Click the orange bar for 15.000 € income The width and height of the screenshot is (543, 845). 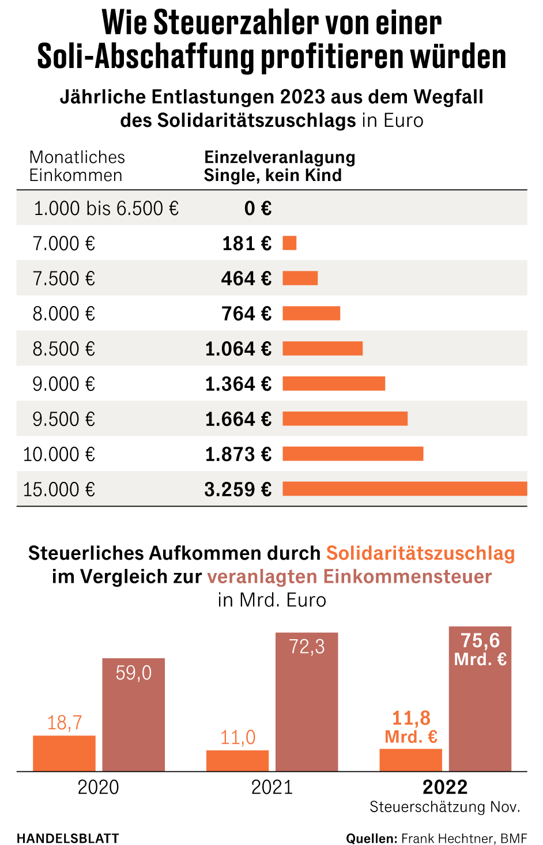[x=405, y=489]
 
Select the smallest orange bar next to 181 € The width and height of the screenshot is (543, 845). [x=289, y=243]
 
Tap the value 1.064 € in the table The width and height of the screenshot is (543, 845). [x=238, y=349]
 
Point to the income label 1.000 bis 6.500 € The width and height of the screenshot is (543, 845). [x=106, y=208]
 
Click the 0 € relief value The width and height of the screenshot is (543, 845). [x=258, y=208]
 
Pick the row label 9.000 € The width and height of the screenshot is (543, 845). [x=63, y=384]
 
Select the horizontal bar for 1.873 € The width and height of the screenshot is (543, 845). [x=353, y=454]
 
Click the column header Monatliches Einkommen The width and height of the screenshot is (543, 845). [x=77, y=166]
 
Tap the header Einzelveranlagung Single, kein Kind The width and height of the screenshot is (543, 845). [x=280, y=166]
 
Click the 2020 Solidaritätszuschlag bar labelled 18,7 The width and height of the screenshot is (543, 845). [x=64, y=753]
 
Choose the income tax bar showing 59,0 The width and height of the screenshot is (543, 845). [x=133, y=715]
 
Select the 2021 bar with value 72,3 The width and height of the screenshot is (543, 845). [x=307, y=702]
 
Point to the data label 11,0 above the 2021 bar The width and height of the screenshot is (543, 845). [x=237, y=737]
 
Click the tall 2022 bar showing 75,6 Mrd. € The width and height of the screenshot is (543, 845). [x=480, y=699]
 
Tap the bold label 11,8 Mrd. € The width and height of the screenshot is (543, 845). [x=411, y=727]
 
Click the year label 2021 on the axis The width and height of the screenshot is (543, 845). [x=271, y=787]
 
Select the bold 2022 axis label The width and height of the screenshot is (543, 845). [x=445, y=787]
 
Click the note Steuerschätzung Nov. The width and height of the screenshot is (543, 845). [x=445, y=807]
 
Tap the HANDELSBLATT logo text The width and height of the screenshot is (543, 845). [x=68, y=838]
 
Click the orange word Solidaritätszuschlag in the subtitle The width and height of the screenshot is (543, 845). [x=420, y=553]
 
